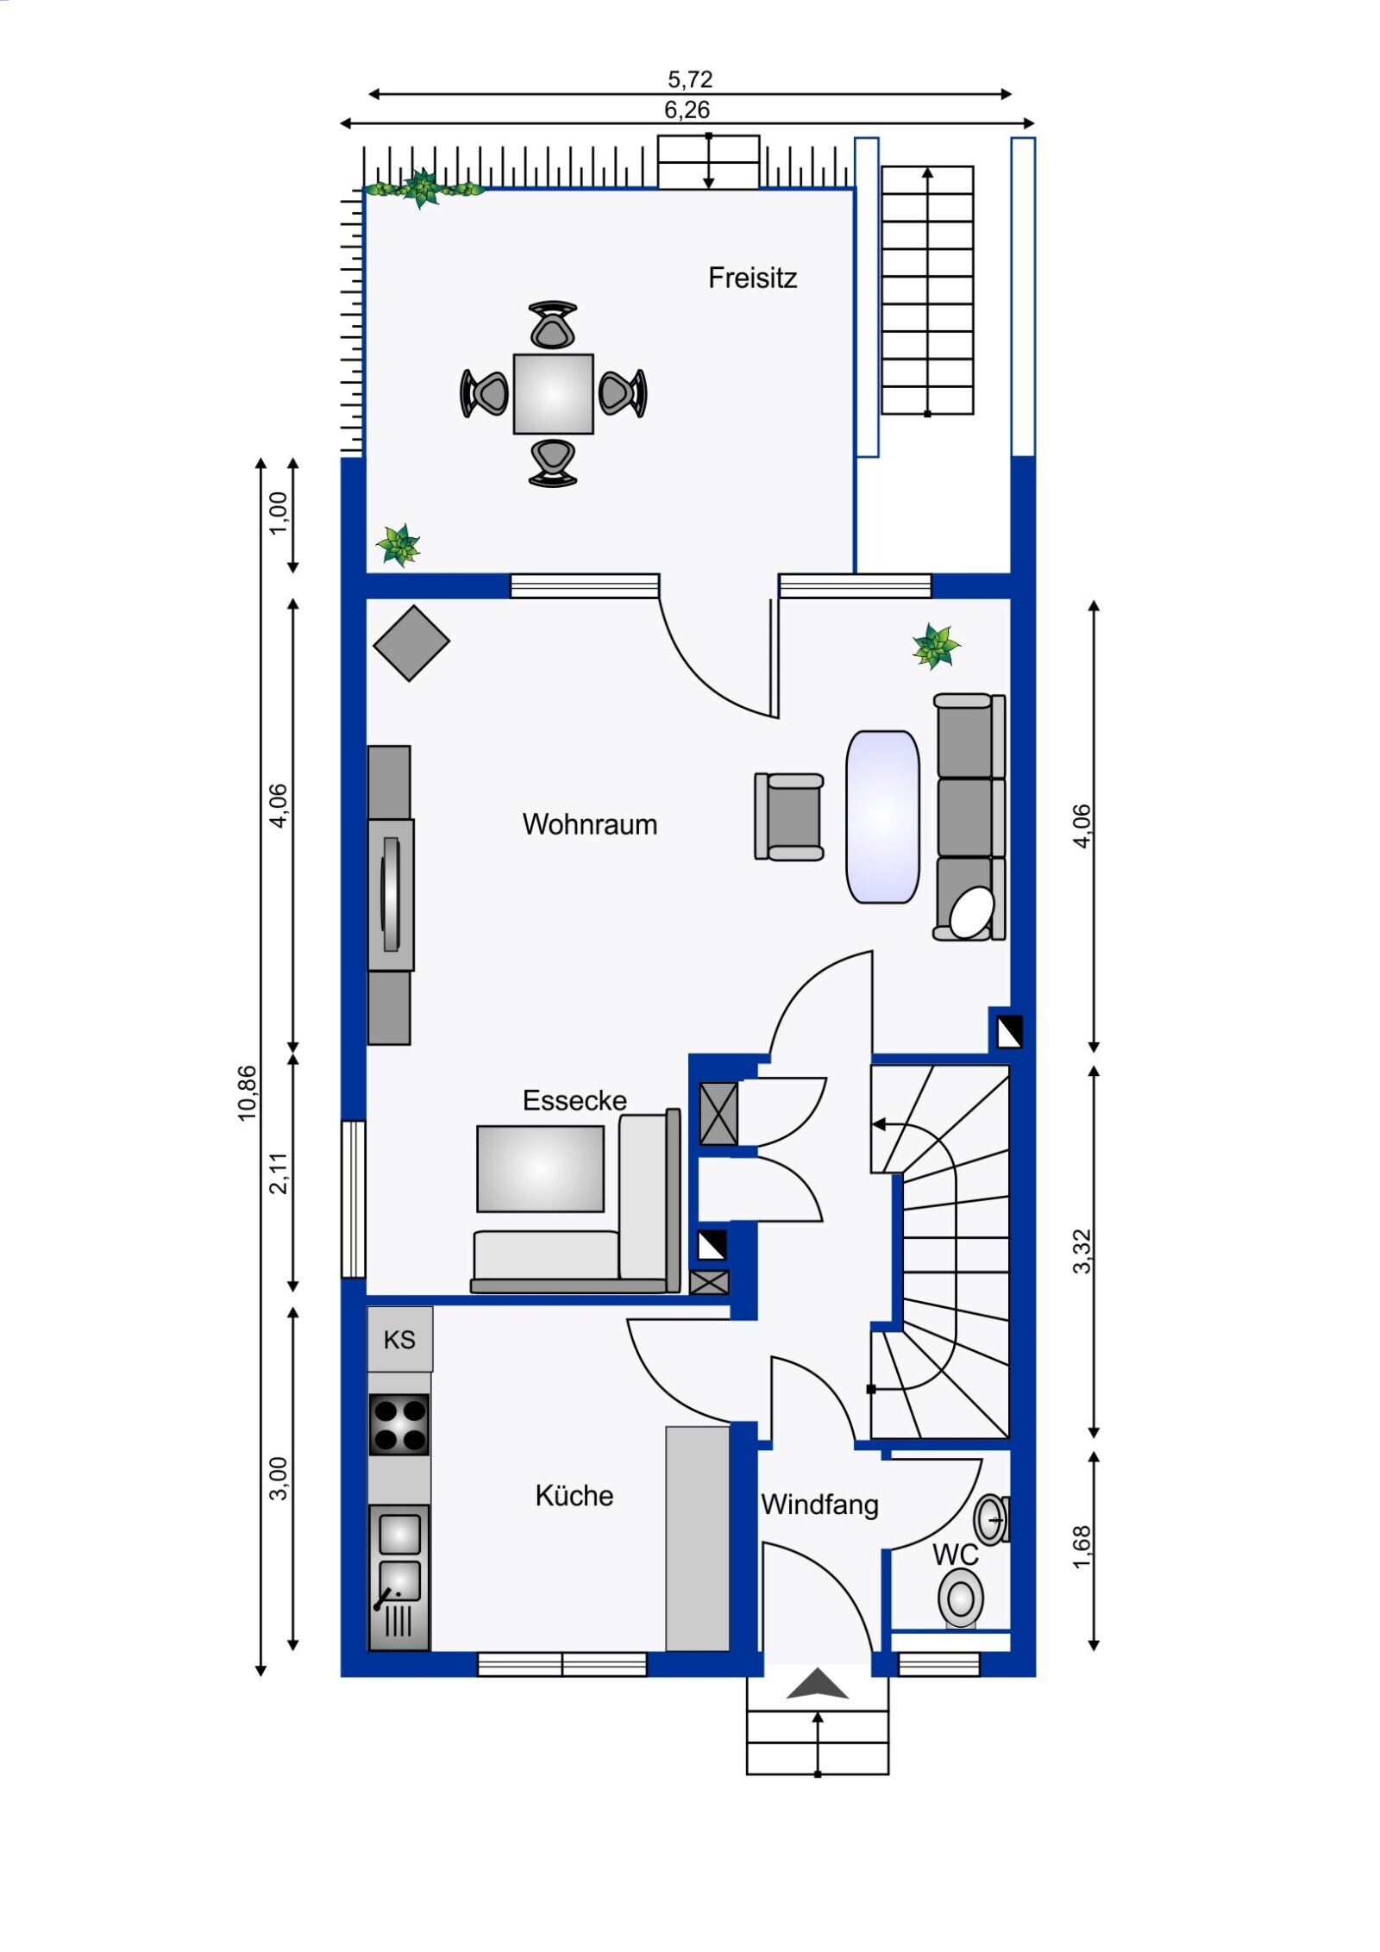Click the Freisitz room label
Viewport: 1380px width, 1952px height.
click(x=752, y=278)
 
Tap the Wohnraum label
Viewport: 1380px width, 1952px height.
click(x=590, y=824)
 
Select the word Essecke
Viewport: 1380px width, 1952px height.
click(x=574, y=1100)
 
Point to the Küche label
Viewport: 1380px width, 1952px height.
click(x=574, y=1495)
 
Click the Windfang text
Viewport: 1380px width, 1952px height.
click(x=820, y=1505)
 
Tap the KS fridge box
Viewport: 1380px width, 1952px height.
click(x=400, y=1339)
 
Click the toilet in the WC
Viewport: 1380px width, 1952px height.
click(x=961, y=1599)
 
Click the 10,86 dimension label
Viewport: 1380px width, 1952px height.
click(x=248, y=1093)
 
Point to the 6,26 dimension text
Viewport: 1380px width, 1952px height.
click(x=687, y=109)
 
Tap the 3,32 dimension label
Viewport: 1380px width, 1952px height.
click(x=1082, y=1251)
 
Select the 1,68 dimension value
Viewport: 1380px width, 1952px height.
click(x=1082, y=1548)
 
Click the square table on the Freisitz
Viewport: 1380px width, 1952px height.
click(x=553, y=394)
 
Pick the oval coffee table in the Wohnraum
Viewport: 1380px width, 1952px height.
click(x=882, y=816)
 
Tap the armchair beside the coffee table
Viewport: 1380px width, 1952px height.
click(x=789, y=816)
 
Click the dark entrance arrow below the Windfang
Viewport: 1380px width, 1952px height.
click(x=818, y=1684)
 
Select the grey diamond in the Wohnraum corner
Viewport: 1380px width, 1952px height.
click(x=411, y=643)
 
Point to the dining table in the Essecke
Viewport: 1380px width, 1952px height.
click(x=541, y=1169)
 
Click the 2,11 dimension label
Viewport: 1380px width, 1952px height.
click(x=279, y=1173)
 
